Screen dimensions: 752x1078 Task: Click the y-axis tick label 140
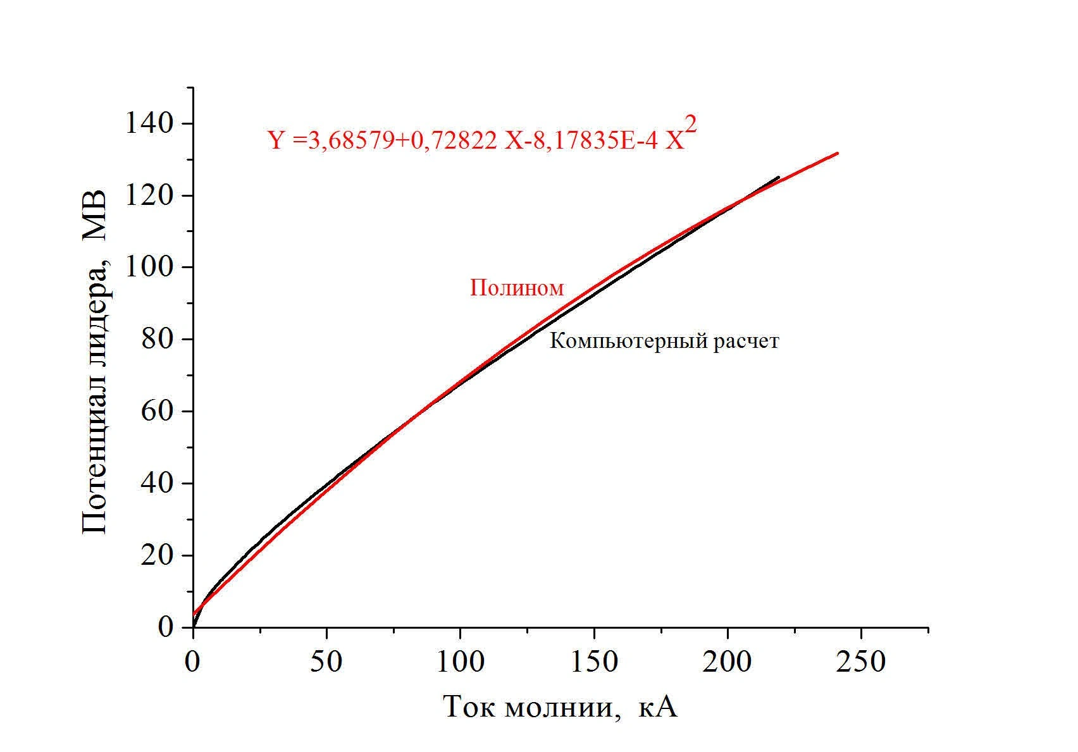149,123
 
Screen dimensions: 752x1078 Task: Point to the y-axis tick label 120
149,195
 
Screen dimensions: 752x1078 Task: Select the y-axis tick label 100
149,267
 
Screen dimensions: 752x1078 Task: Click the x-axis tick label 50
326,662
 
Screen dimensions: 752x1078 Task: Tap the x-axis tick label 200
728,662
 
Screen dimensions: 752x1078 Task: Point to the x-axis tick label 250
861,662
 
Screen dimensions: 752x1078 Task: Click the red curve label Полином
516,288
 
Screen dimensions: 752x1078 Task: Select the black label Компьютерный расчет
664,342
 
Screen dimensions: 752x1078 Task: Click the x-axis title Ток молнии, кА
561,707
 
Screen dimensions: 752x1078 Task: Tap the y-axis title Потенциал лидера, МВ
95,363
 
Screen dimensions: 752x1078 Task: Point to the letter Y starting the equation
276,140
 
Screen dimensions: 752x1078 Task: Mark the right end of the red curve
838,153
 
